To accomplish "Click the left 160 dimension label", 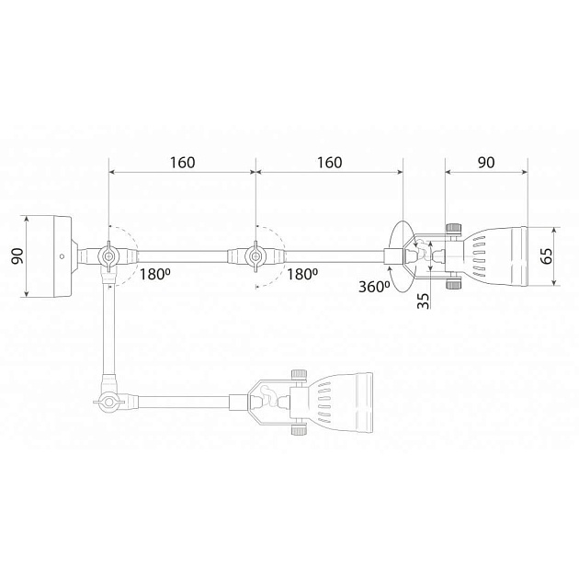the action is pos(182,163).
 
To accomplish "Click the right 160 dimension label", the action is pos(330,163).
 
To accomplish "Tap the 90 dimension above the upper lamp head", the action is pos(486,163).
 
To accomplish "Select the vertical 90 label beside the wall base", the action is pos(17,255).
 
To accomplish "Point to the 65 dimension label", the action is pos(547,255).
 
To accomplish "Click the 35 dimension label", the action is pos(424,301).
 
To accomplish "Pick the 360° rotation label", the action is pos(374,287).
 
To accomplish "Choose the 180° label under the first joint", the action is pos(154,275).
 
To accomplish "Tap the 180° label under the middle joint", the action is pos(302,275).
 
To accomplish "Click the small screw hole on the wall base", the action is pos(62,255).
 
